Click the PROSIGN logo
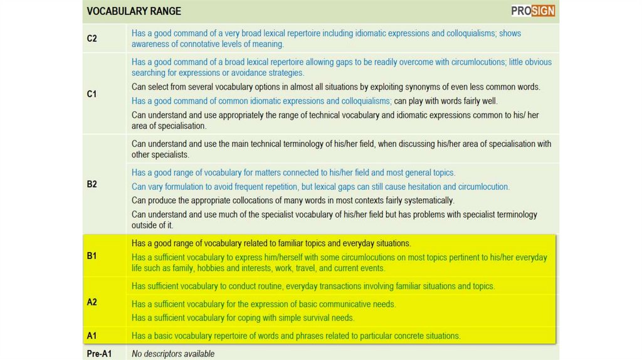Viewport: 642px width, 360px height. coord(532,11)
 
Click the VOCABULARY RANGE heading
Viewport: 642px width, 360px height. coord(134,11)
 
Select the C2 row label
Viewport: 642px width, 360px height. coord(92,38)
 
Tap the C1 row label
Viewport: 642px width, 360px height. coord(92,94)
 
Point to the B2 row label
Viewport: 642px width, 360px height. coord(92,184)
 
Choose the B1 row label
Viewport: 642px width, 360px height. coord(92,256)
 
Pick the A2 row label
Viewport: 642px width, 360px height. coord(92,302)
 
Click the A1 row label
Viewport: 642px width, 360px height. coord(92,336)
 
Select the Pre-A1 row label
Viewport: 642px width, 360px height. coord(99,354)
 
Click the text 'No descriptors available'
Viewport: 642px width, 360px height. coord(173,354)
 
